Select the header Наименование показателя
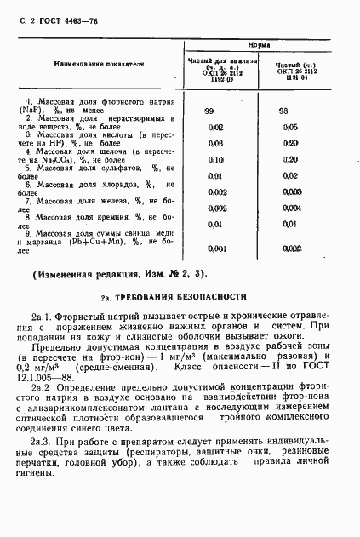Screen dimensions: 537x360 [x=100, y=64]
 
